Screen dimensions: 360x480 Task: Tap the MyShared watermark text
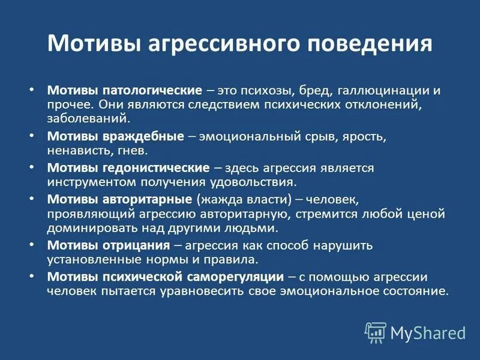click(428, 332)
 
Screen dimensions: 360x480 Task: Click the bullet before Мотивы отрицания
click(32, 245)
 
